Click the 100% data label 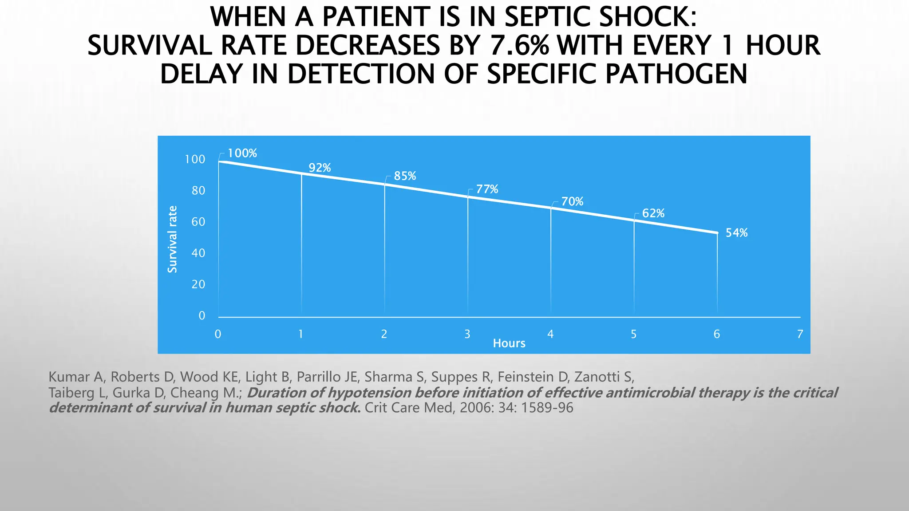[x=242, y=153]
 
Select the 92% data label [x=320, y=168]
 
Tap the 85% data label [x=405, y=176]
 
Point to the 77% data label [x=487, y=189]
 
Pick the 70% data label [x=572, y=202]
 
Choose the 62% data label [x=653, y=213]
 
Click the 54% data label [x=736, y=233]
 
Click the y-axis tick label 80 [x=198, y=191]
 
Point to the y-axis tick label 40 [x=198, y=253]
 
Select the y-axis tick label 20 [x=198, y=284]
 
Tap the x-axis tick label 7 [x=800, y=334]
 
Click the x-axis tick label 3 [x=467, y=334]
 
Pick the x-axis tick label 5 [x=634, y=334]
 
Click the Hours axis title [x=509, y=343]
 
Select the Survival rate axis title [x=172, y=240]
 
